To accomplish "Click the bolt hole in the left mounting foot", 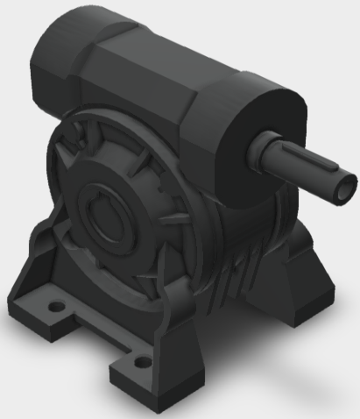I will coord(57,308).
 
